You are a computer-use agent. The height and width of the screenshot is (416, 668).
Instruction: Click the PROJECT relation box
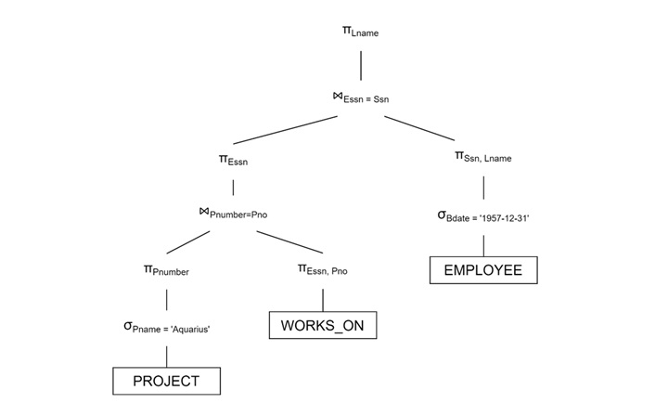pyautogui.click(x=167, y=381)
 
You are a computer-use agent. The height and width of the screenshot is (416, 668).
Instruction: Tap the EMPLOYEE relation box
pyautogui.click(x=483, y=270)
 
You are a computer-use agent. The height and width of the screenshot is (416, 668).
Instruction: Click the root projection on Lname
pyautogui.click(x=360, y=32)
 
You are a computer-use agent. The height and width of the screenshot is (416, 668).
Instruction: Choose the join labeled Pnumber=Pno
pyautogui.click(x=232, y=214)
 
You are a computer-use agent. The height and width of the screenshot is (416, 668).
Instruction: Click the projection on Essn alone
pyautogui.click(x=233, y=160)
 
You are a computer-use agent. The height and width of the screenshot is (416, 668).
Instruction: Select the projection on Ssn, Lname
pyautogui.click(x=482, y=157)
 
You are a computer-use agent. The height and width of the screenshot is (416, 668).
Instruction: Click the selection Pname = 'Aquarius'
pyautogui.click(x=167, y=326)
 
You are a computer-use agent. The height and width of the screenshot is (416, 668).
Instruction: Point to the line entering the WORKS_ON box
pyautogui.click(x=323, y=299)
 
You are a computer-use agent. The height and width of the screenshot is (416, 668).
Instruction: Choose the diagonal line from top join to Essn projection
pyautogui.click(x=284, y=130)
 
